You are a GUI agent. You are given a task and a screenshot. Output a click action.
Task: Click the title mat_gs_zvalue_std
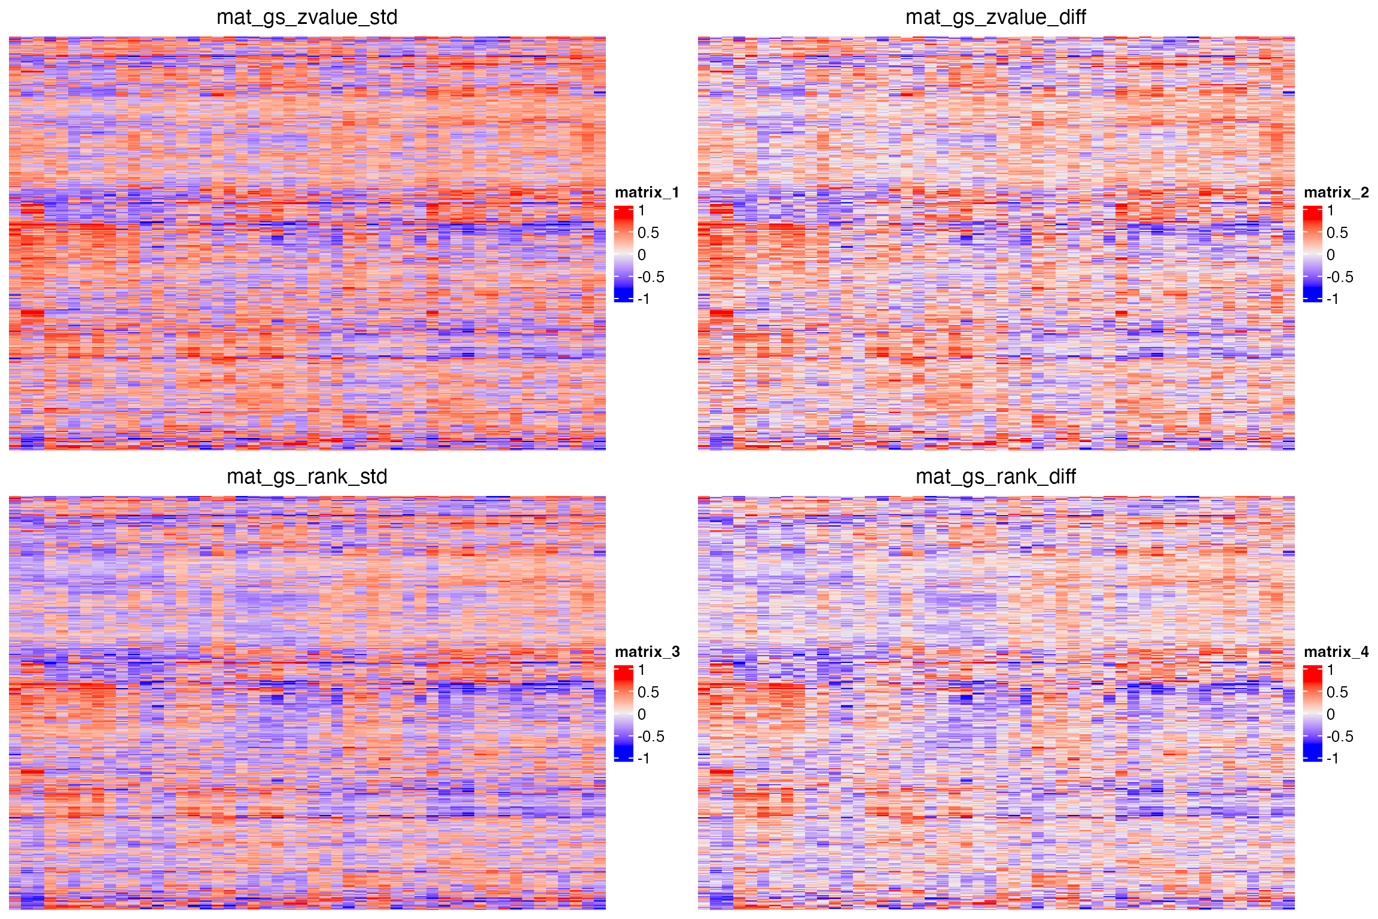click(307, 17)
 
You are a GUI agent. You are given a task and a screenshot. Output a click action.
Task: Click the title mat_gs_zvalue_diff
click(995, 17)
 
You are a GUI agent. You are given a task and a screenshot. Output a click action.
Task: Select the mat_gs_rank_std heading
click(307, 476)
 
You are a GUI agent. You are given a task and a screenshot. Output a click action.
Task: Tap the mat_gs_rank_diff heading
click(995, 476)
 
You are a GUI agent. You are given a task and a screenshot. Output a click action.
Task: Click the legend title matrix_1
click(647, 192)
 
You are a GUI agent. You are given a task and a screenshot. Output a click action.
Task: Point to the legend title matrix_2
click(1336, 192)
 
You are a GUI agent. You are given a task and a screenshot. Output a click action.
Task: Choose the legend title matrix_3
click(647, 652)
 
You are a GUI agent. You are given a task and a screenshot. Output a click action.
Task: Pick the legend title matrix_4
click(1336, 652)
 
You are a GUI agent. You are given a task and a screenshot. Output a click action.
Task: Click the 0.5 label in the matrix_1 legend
click(648, 233)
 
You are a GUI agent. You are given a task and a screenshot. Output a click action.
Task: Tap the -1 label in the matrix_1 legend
click(644, 299)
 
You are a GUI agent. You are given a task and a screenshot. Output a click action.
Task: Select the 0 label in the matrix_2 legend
click(1331, 255)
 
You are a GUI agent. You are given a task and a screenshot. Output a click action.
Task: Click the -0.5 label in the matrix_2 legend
click(1340, 277)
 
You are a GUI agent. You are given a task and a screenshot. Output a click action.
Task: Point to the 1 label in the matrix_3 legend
click(642, 670)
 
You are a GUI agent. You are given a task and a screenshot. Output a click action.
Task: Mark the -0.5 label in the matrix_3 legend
click(651, 737)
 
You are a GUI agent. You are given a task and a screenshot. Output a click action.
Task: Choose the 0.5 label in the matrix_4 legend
click(1337, 692)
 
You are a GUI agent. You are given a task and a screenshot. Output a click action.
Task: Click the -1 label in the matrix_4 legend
click(1333, 758)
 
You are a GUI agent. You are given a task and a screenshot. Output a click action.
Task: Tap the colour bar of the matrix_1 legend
click(623, 254)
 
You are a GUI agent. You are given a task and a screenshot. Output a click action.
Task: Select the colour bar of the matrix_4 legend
click(1312, 714)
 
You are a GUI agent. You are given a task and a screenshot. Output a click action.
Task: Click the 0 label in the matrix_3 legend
click(642, 714)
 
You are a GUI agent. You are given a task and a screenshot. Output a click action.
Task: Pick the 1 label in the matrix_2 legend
click(1331, 211)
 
